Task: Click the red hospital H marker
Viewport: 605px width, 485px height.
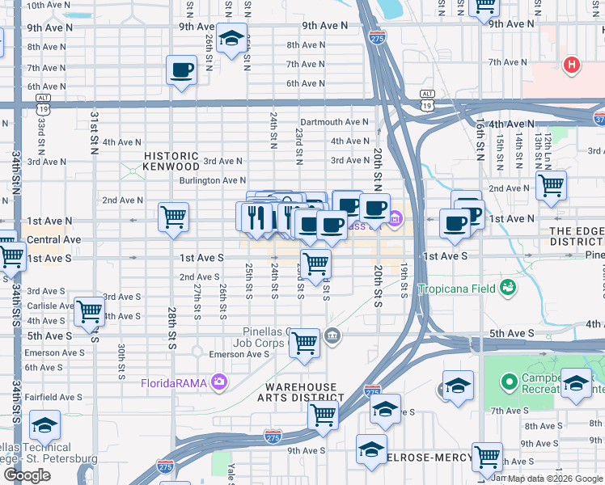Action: point(572,65)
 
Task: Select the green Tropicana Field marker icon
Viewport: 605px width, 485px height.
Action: point(508,287)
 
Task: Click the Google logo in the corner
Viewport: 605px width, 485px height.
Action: point(27,475)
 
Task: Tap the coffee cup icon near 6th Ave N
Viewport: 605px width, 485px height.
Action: point(182,70)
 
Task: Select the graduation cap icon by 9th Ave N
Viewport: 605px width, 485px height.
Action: point(232,39)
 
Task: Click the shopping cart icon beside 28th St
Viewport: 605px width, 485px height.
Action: point(173,217)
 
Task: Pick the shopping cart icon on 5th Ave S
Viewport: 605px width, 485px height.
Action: point(304,343)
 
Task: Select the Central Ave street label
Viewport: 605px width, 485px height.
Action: point(54,240)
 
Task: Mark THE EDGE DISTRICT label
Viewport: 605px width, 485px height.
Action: point(576,236)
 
